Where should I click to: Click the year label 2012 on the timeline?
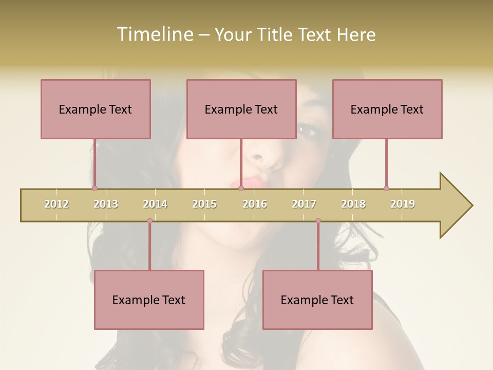56,204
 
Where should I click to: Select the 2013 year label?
106,204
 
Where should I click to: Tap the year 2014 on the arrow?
155,204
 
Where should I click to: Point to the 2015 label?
204,204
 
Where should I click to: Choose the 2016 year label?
255,204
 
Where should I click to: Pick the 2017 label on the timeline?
304,204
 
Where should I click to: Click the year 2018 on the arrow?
353,204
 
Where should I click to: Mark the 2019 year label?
403,204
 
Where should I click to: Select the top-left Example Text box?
96,109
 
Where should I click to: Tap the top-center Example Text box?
241,109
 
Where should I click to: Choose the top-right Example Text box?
387,109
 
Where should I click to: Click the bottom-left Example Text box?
149,300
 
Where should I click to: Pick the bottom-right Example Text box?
317,300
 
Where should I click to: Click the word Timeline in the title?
155,34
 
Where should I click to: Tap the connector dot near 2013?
94,188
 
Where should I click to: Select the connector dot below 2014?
149,221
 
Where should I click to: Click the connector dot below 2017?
318,221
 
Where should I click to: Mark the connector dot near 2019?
386,188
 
